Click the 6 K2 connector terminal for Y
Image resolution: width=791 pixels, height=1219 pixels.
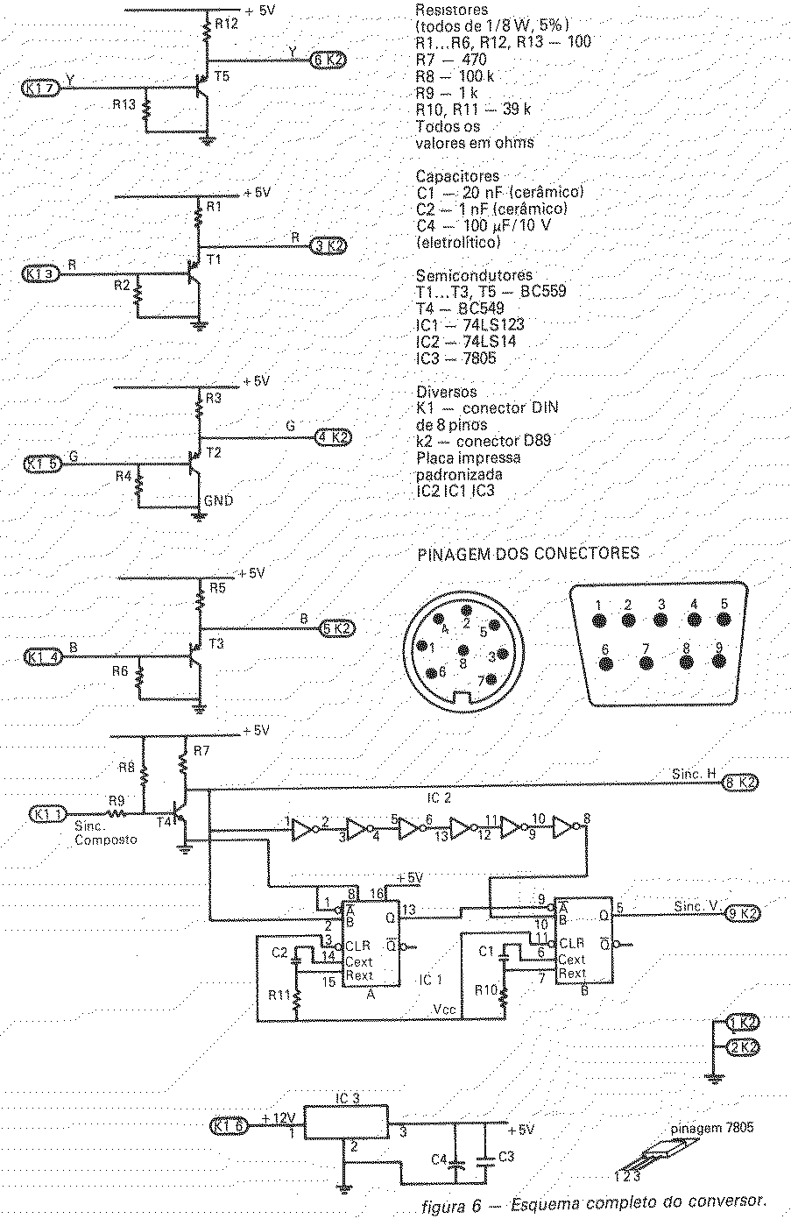328,60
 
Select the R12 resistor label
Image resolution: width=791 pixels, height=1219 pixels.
226,24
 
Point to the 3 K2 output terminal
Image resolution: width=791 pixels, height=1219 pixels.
328,246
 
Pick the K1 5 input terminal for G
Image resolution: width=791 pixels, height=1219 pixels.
43,464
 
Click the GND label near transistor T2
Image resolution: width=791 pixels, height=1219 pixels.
218,500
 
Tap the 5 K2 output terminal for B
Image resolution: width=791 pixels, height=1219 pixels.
337,627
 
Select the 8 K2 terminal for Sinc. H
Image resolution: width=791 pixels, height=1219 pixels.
740,783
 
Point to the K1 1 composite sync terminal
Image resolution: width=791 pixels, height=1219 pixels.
47,814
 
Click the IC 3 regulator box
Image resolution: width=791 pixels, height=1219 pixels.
346,1122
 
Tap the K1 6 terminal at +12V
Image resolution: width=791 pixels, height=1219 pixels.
229,1126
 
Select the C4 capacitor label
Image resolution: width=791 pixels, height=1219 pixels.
439,1159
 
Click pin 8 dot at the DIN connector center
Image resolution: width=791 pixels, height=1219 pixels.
463,650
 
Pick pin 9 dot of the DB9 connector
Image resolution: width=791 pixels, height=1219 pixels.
719,660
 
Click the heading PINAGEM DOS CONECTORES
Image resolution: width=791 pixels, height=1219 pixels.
528,554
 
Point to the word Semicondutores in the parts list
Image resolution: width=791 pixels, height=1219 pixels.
475,275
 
